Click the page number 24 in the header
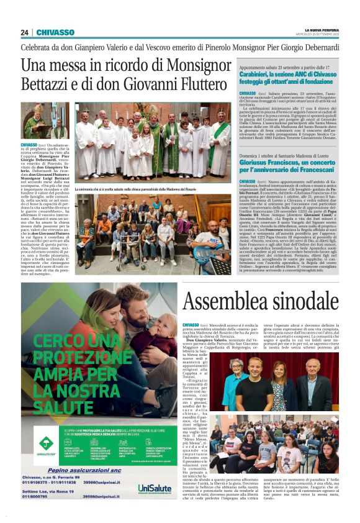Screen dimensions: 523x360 (25, 32)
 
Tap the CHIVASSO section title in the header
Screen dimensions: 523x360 (55, 32)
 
